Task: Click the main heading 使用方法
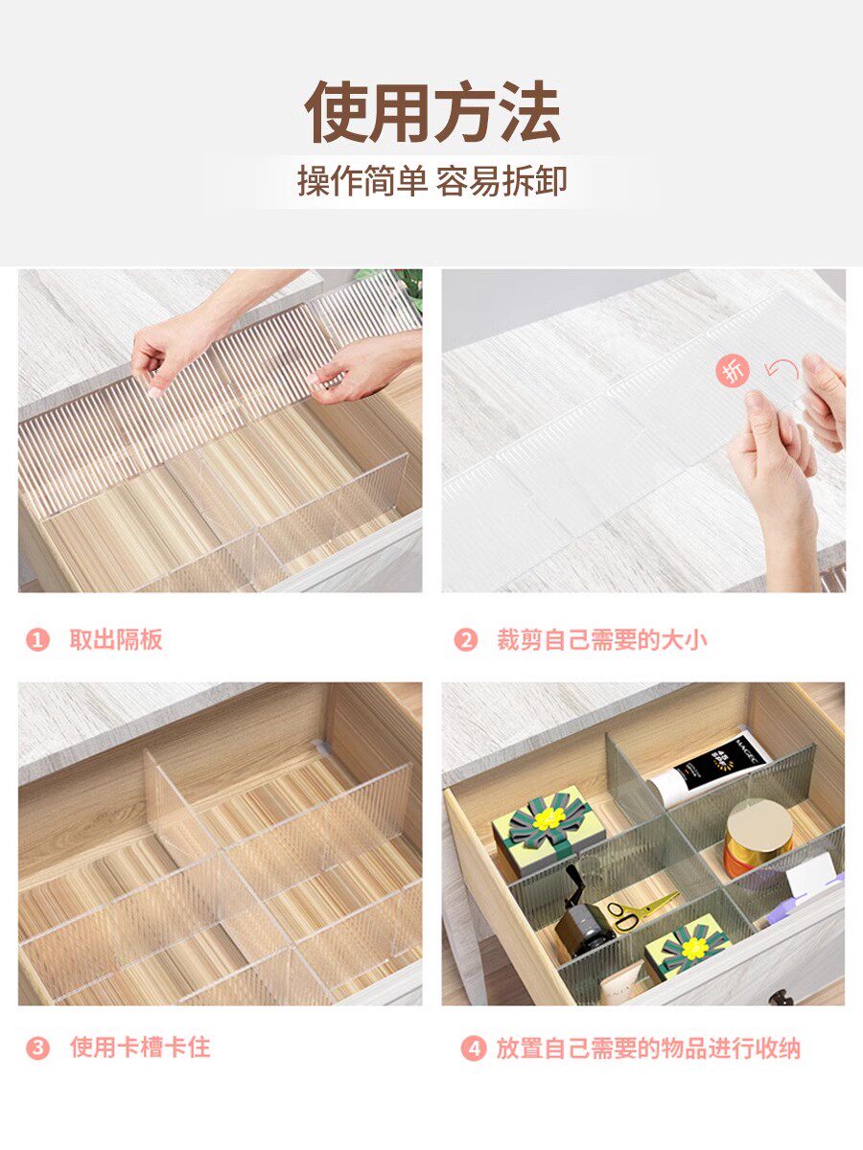431,112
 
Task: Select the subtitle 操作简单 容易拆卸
432,181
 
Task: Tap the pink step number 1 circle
37,640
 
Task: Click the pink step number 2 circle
466,640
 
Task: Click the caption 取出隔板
116,640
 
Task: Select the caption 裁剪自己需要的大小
602,640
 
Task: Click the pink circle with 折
733,371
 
